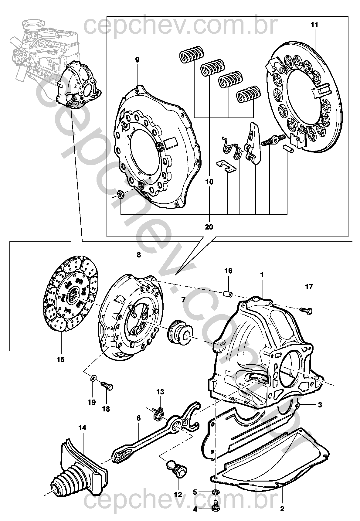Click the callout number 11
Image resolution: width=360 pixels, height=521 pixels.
pos(314,25)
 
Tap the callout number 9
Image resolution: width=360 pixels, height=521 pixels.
pos(137,60)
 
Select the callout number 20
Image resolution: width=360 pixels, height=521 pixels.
pos(209,227)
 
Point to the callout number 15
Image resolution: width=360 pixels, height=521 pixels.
pos(61,359)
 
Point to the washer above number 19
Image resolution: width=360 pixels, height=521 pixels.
pos(93,378)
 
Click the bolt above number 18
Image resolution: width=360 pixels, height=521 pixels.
pos(107,386)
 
